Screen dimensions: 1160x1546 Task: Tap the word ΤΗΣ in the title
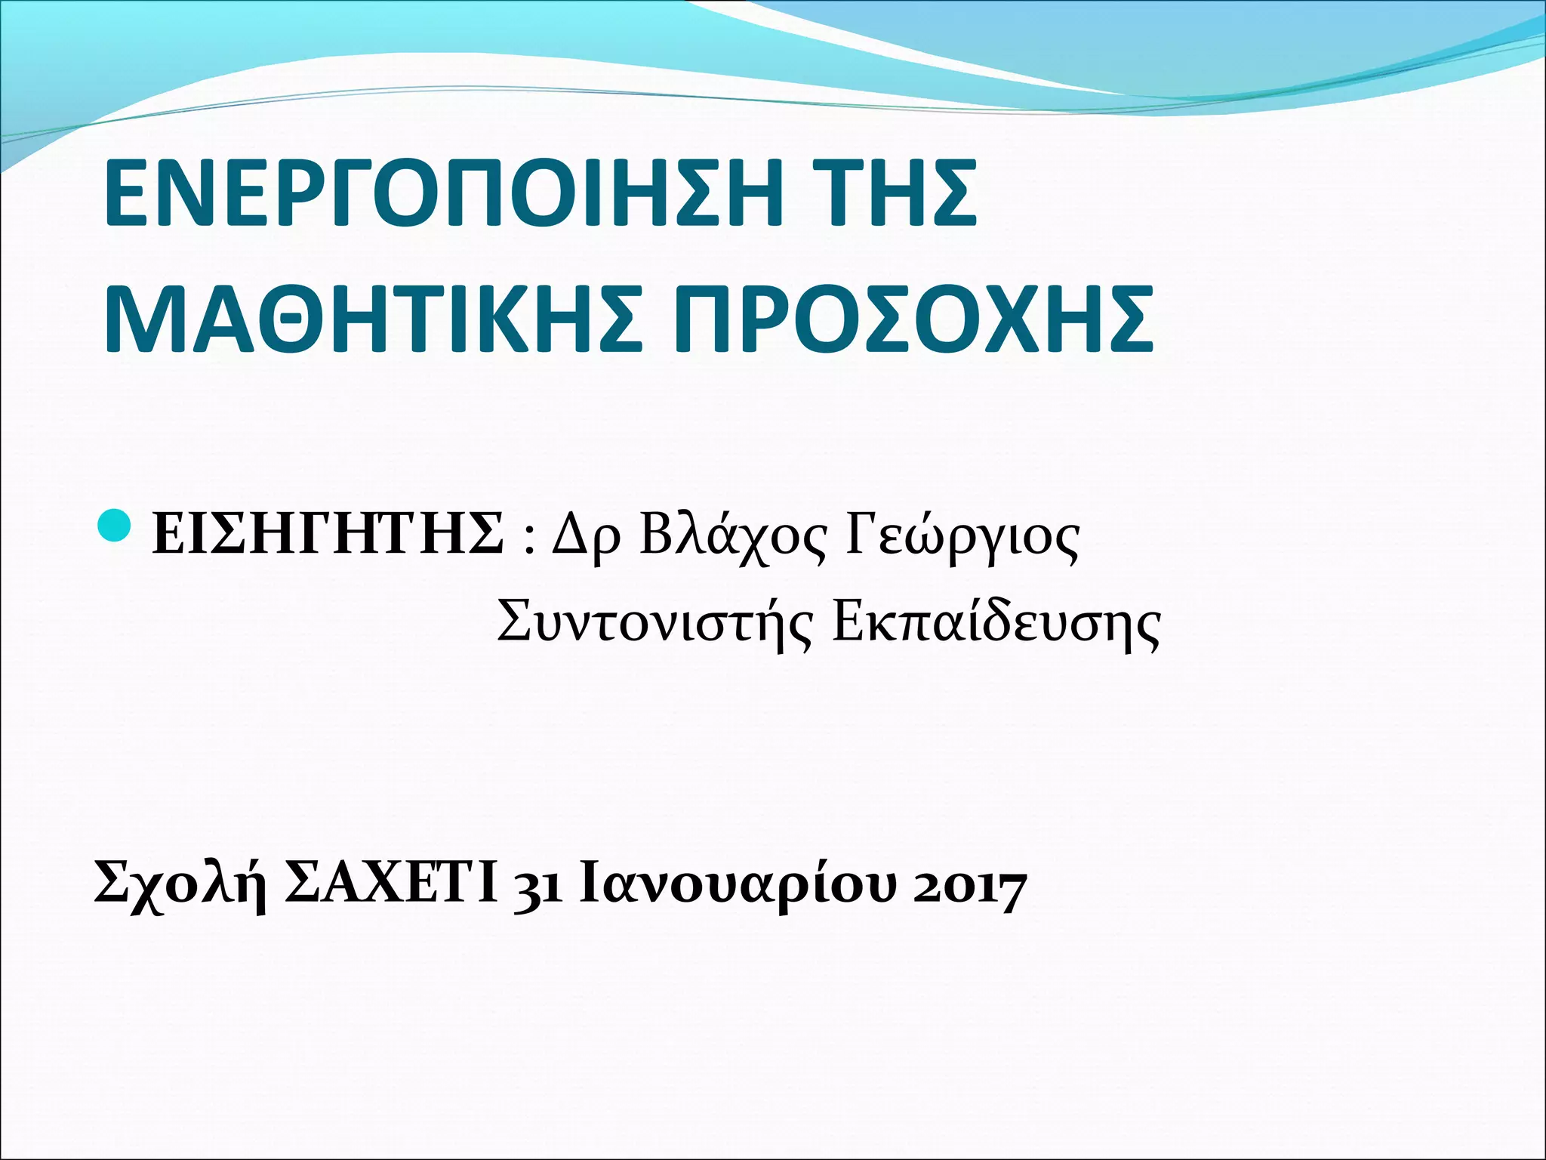(898, 193)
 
